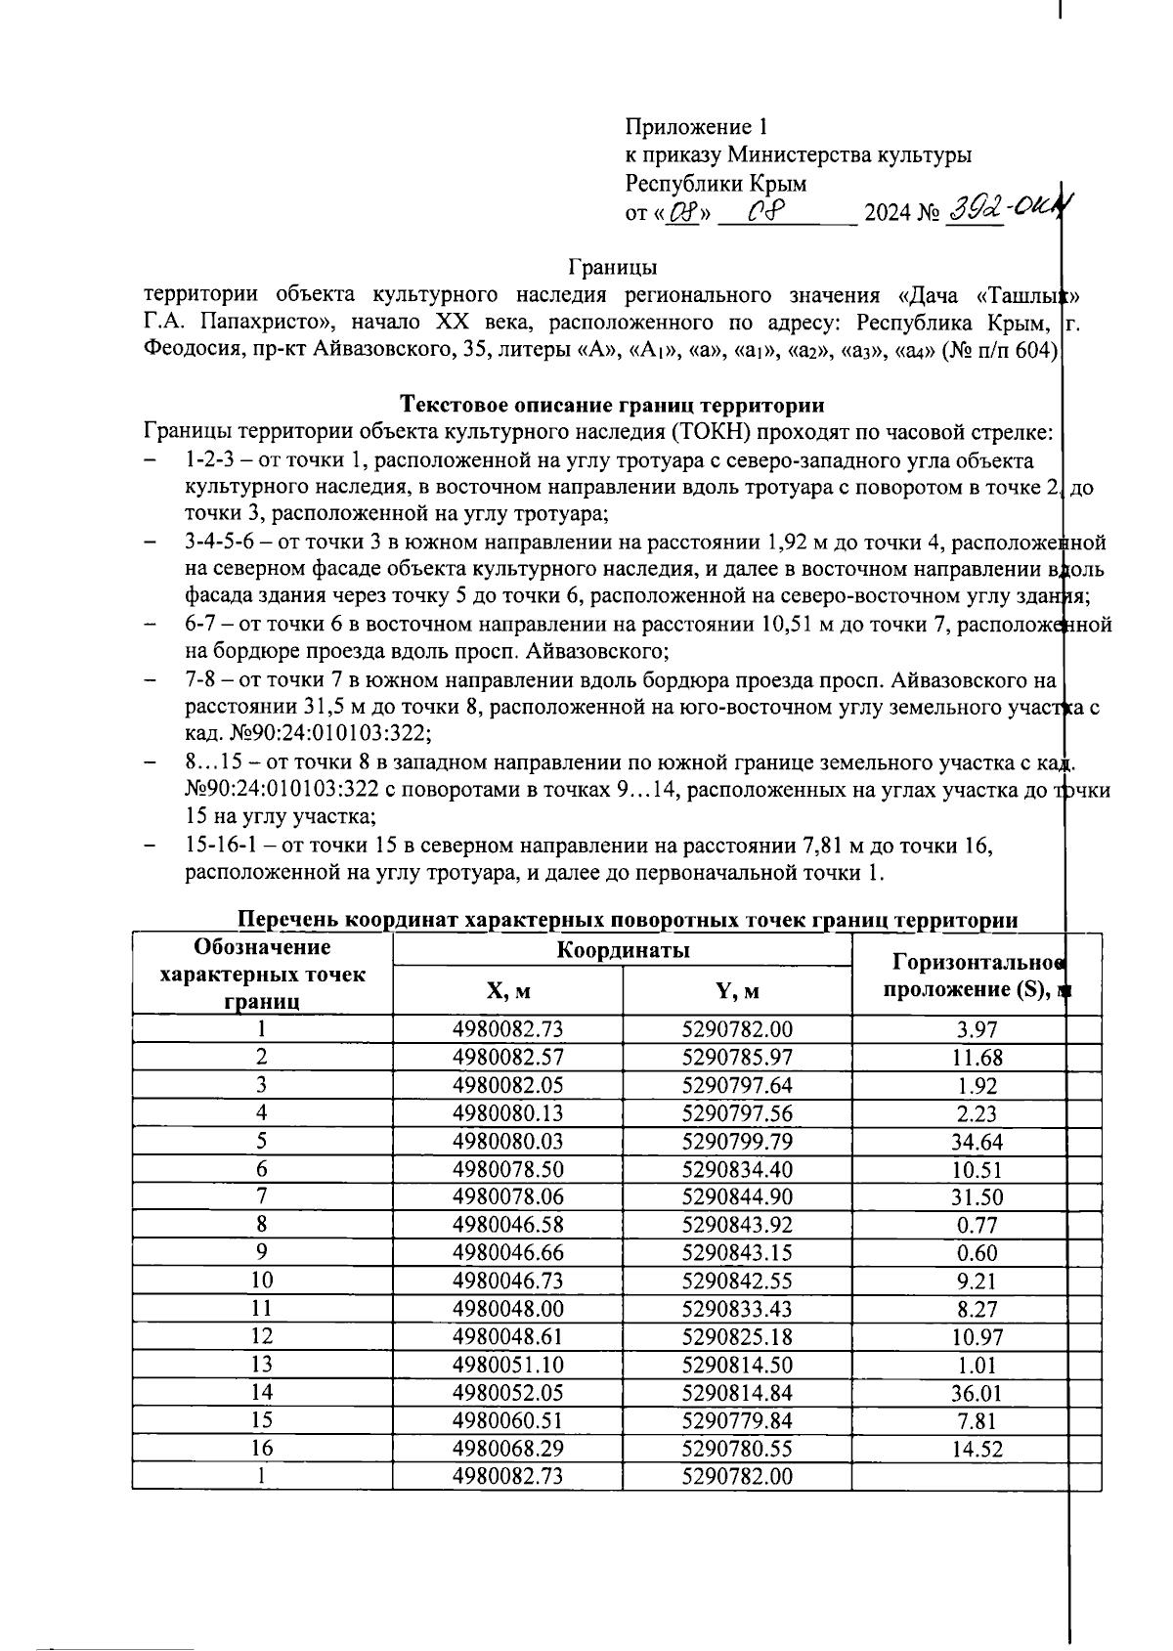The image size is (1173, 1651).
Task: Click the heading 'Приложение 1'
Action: click(x=697, y=127)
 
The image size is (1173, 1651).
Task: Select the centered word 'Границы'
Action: click(x=613, y=266)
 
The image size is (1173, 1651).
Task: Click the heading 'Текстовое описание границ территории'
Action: click(x=613, y=405)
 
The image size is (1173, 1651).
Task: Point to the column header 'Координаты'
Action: click(x=623, y=950)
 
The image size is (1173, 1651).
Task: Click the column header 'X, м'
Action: click(x=507, y=992)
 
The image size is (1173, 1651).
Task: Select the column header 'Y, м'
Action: click(x=737, y=992)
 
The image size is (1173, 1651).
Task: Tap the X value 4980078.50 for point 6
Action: click(x=507, y=1169)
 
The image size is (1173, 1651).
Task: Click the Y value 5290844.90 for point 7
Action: click(x=737, y=1197)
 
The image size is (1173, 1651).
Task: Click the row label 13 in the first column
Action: click(x=262, y=1365)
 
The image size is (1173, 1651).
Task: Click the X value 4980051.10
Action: click(x=507, y=1365)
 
